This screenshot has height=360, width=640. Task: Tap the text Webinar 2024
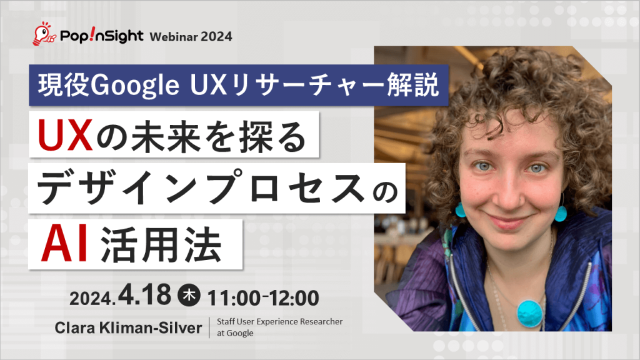click(x=191, y=36)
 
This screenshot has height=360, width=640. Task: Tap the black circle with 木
click(x=187, y=296)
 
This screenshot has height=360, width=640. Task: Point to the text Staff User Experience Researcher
click(x=279, y=321)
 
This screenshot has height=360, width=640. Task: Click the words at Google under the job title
click(x=235, y=333)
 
